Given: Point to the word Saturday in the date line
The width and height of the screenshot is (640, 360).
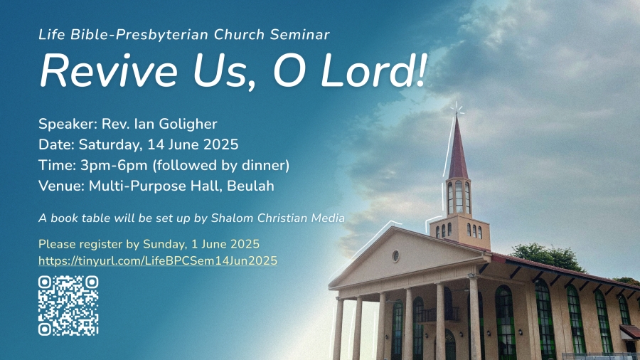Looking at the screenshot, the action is pos(111,145).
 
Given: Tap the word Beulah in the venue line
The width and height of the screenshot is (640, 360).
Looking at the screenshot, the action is pos(250,186).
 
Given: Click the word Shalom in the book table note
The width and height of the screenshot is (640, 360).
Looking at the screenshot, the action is pos(233,218).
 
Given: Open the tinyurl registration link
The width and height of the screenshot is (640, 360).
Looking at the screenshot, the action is pos(158,261).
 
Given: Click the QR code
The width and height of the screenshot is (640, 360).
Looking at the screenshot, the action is pos(68,306).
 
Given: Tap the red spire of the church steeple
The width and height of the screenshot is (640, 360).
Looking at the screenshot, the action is pos(458,149).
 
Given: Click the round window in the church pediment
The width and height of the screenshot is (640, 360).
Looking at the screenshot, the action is pos(395,256).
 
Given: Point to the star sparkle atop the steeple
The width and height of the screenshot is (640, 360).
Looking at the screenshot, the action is pos(457,110).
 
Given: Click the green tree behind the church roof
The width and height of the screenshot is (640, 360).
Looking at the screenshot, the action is pos(548,257).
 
